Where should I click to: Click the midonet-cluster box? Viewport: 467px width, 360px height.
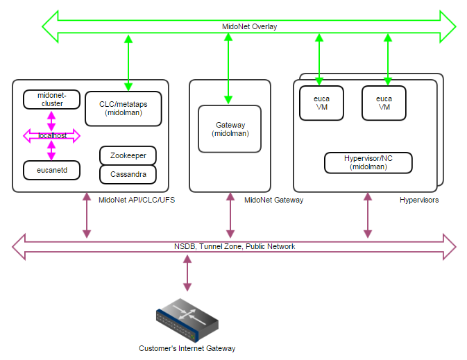tap(51, 99)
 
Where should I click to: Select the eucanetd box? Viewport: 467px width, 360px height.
tap(51, 169)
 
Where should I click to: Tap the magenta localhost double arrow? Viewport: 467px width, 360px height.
tap(51, 136)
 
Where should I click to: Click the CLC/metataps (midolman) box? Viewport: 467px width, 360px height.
tap(124, 108)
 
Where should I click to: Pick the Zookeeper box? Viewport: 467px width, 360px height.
tap(128, 155)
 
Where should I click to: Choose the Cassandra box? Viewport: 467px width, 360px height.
tap(128, 174)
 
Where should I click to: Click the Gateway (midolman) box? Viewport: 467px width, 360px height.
tap(230, 128)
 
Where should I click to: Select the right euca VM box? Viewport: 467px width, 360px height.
tap(384, 103)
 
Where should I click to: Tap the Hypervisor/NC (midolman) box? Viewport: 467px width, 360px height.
tap(368, 163)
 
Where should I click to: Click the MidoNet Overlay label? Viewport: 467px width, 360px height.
tap(249, 27)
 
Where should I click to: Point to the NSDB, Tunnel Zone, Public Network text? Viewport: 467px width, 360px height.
tap(234, 246)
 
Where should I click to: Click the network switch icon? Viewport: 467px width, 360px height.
tap(187, 318)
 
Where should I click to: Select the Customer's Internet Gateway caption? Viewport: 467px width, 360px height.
tap(187, 348)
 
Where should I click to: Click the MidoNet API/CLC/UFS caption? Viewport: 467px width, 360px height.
tap(133, 200)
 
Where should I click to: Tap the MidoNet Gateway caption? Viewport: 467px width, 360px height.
tap(273, 200)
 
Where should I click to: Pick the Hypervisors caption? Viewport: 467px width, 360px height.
tap(418, 200)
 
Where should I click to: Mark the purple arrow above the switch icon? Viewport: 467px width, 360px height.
tap(186, 273)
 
